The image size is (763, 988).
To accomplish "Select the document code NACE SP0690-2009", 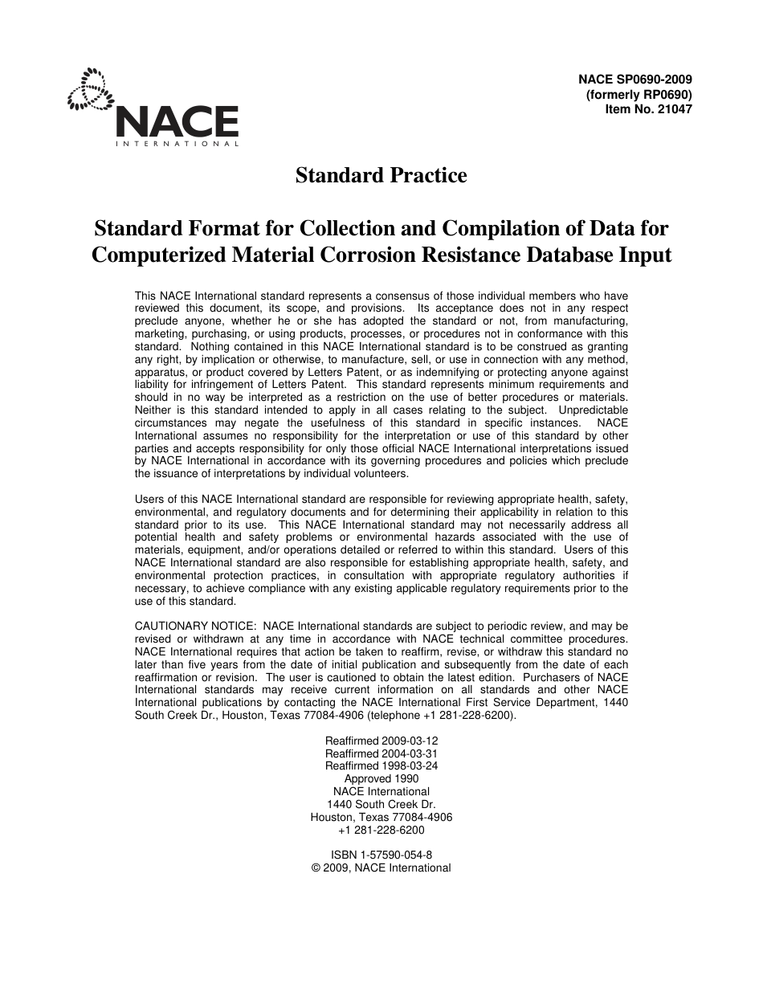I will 634,80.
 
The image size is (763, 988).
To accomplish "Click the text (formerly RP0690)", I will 639,94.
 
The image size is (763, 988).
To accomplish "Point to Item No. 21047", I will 648,108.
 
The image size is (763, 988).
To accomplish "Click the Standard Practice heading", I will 381,175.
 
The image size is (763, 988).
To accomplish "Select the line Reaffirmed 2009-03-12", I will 381,740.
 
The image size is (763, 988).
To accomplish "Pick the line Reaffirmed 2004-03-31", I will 381,753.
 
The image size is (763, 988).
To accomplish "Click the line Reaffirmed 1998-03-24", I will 381,765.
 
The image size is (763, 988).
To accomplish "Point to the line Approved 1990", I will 381,778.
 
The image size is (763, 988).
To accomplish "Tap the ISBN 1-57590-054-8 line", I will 381,855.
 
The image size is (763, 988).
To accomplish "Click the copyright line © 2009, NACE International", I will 381,868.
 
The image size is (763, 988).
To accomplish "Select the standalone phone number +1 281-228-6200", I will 381,830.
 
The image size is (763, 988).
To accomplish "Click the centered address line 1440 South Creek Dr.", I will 381,804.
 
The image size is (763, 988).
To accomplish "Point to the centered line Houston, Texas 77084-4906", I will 381,817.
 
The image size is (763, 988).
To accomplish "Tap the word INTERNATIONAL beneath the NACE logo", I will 177,144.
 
